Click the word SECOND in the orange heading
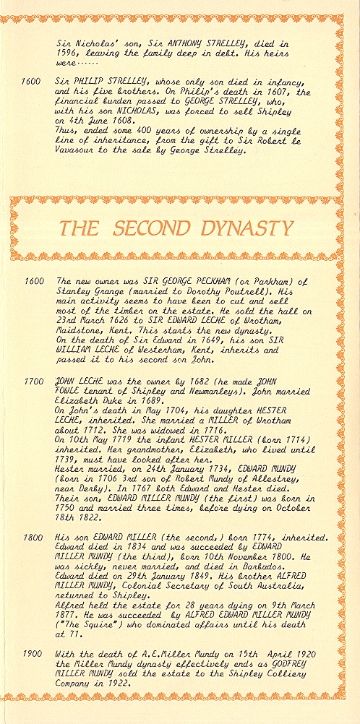tap(152, 228)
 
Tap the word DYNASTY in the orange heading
tap(249, 228)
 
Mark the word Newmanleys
tap(191, 387)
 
